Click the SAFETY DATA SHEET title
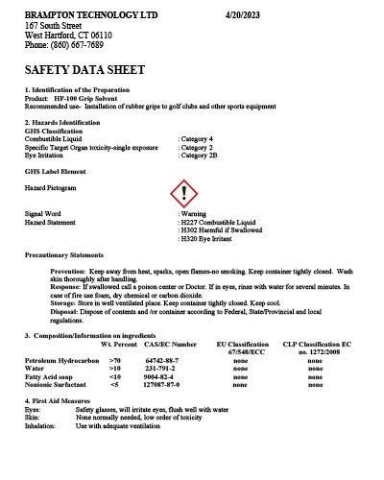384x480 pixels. (84, 70)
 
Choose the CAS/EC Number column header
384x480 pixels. (170, 343)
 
